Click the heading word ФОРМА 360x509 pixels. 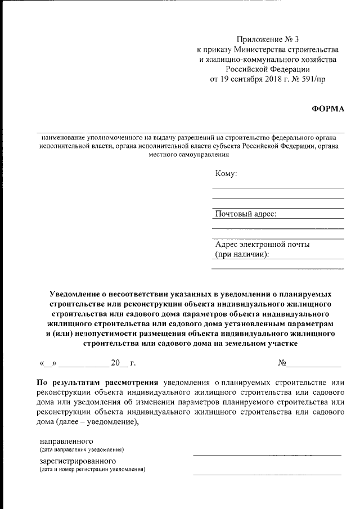pos(327,109)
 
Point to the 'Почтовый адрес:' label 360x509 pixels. pos(246,214)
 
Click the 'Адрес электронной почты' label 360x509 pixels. pos(262,244)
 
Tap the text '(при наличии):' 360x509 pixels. pos(242,254)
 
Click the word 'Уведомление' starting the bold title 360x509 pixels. pos(75,294)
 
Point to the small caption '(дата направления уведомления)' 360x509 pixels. pos(82,450)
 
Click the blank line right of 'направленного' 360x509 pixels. pos(267,453)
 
